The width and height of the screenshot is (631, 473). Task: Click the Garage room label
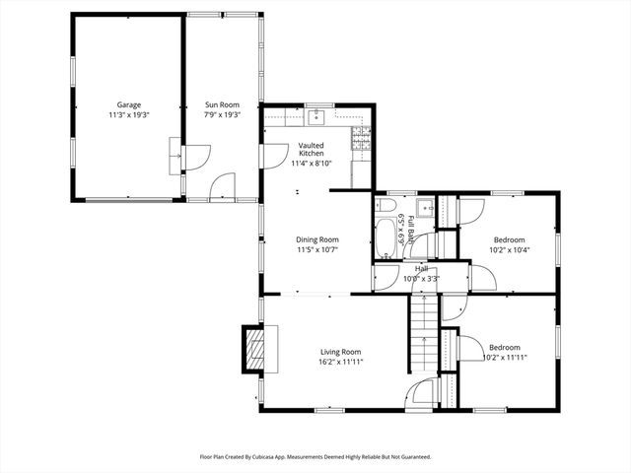pyautogui.click(x=129, y=104)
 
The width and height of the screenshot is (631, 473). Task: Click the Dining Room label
pyautogui.click(x=317, y=239)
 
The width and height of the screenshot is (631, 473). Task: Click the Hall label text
pyautogui.click(x=421, y=268)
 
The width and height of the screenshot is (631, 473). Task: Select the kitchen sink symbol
pyautogui.click(x=317, y=118)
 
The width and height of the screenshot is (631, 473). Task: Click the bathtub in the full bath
pyautogui.click(x=385, y=238)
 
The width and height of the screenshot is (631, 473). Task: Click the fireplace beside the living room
pyautogui.click(x=255, y=350)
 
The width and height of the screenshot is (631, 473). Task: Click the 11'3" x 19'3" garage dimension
pyautogui.click(x=129, y=115)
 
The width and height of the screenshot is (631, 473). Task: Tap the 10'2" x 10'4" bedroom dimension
pyautogui.click(x=509, y=250)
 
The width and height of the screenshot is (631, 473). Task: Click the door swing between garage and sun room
pyautogui.click(x=197, y=155)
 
